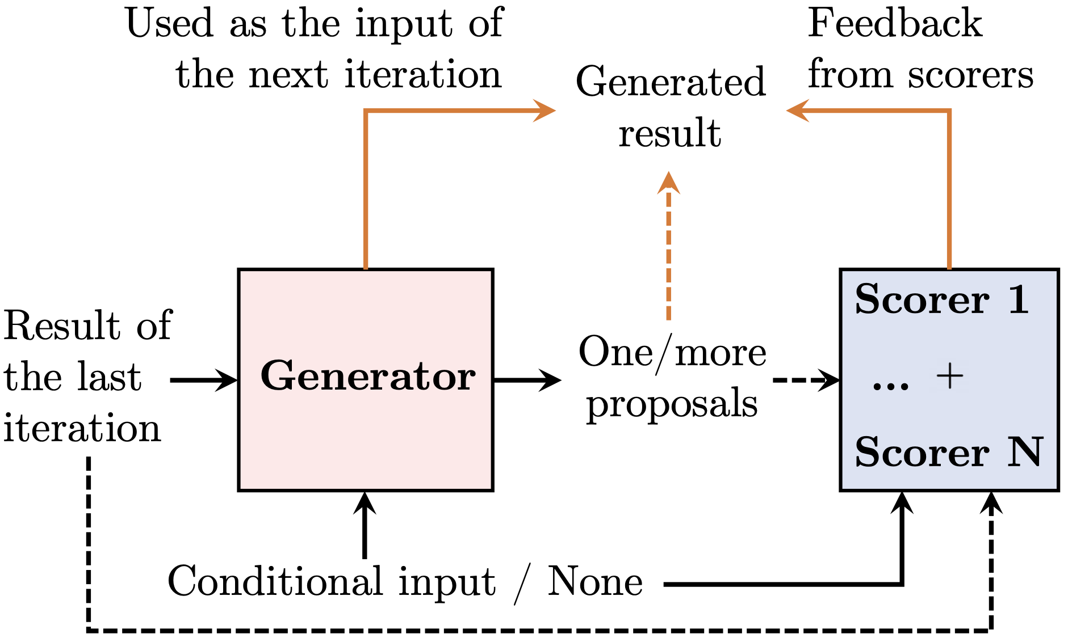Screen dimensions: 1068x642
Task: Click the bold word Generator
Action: [367, 376]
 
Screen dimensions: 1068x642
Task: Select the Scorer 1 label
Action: [942, 299]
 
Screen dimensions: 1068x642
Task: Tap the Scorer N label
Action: [949, 452]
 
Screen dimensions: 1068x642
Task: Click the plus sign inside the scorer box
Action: [949, 377]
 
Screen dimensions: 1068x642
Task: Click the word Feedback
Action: [895, 23]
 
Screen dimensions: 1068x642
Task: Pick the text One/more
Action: [672, 353]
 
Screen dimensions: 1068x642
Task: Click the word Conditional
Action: [275, 581]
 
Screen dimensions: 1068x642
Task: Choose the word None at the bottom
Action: [595, 581]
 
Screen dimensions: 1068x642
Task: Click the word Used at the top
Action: [169, 23]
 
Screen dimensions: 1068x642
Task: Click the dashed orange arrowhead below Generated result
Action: [669, 183]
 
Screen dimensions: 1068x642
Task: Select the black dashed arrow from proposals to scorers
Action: [807, 379]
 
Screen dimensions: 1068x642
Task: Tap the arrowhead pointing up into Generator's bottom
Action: [365, 503]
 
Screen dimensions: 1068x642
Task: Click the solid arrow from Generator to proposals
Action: [527, 380]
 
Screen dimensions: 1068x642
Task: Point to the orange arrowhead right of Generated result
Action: [798, 110]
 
